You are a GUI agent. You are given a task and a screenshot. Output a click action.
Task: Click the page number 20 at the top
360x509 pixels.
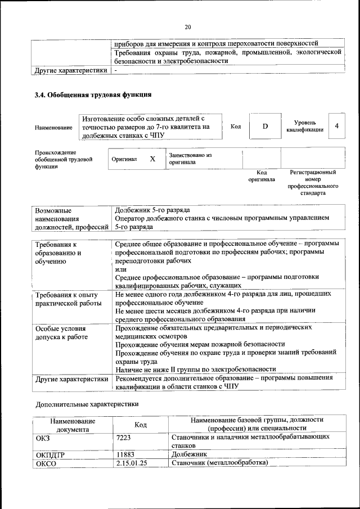coord(188,26)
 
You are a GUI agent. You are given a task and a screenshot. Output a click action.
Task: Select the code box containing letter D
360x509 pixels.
coord(265,127)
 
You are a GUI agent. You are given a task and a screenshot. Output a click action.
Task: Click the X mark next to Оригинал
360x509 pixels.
coord(152,159)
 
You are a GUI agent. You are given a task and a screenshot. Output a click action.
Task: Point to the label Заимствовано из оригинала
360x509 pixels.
coord(190,158)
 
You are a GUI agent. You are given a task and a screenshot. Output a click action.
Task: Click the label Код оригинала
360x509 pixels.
coord(262,176)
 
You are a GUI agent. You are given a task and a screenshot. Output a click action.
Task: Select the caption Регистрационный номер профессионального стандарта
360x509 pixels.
coord(313,182)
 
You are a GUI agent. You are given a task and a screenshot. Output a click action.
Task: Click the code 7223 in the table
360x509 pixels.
coord(123,436)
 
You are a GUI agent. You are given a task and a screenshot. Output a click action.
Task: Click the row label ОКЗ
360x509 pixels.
coord(43,436)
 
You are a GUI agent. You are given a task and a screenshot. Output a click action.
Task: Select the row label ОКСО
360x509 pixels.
coord(46,463)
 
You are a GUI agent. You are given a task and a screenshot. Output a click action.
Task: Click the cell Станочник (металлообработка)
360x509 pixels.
coord(219,463)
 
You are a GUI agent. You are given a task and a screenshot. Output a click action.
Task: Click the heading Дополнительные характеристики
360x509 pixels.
coord(87,404)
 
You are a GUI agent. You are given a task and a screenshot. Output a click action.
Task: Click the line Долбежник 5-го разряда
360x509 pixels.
coord(152,210)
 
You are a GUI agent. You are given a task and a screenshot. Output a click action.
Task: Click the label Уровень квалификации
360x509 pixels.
coord(304,126)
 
